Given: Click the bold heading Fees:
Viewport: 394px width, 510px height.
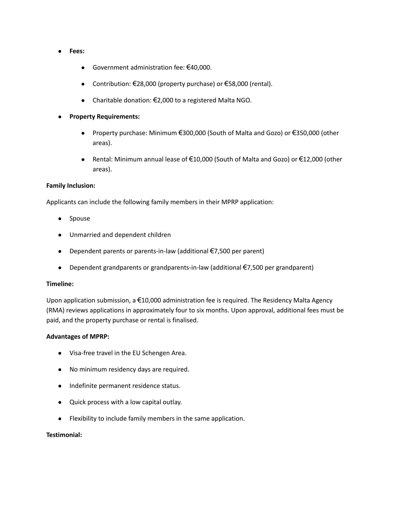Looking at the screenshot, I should [77, 51].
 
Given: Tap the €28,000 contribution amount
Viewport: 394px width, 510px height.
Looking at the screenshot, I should [144, 84].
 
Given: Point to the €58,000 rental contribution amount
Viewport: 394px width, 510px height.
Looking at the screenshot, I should [236, 84].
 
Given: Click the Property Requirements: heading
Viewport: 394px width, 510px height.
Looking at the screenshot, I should [104, 117].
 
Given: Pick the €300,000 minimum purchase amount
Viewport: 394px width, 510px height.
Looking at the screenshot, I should [192, 133].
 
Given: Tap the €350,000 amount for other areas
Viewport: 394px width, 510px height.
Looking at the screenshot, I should [306, 133].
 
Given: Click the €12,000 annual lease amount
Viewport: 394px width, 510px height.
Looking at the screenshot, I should [311, 159].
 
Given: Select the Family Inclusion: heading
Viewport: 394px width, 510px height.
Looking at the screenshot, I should [71, 186].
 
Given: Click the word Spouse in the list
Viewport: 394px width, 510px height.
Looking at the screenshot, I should [80, 219].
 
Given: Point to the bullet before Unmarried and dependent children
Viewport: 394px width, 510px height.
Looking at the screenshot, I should [60, 235].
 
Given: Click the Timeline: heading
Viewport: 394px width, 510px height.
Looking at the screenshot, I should [60, 284].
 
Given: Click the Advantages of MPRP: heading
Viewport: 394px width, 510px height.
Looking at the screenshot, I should [78, 337].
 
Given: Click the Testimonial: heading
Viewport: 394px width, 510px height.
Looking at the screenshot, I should [64, 435].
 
